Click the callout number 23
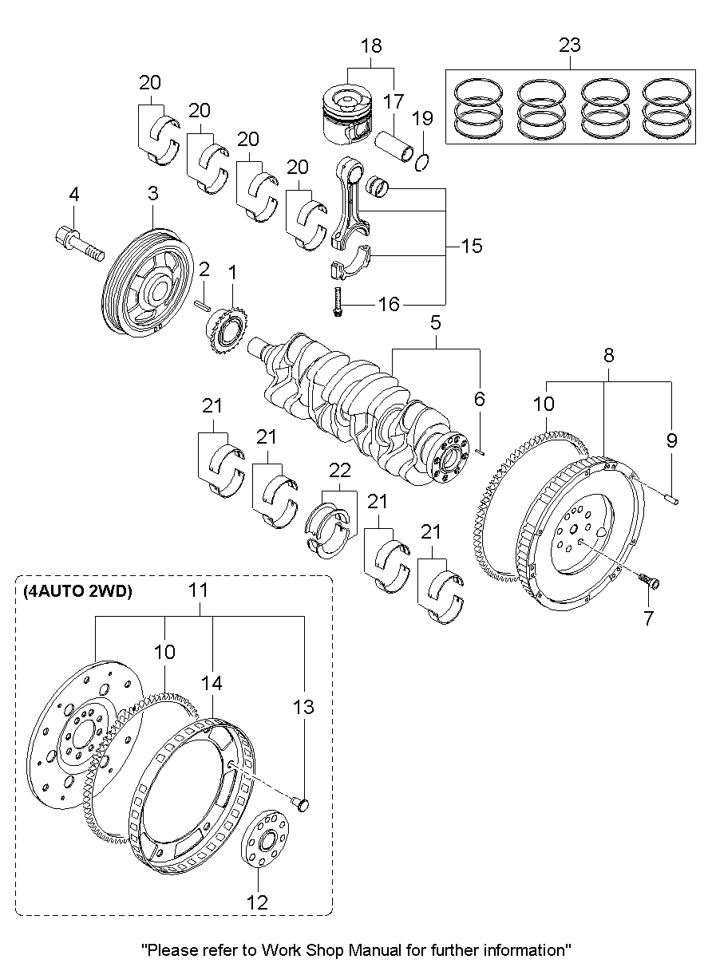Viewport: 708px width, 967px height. coord(569,45)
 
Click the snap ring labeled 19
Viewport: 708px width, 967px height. coord(424,162)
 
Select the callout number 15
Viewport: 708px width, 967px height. coord(472,246)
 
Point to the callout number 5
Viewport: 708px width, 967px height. coord(436,323)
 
